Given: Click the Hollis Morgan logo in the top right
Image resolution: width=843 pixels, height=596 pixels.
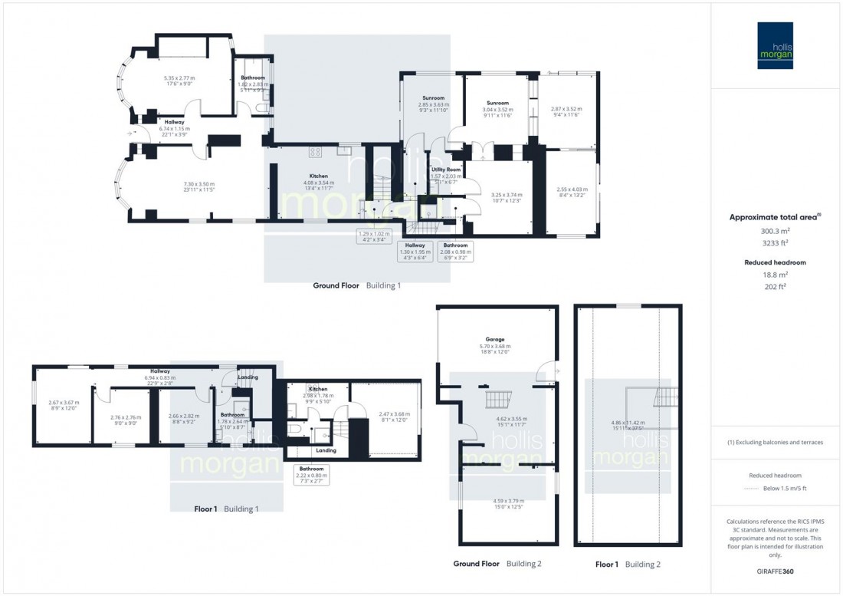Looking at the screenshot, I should pos(775,45).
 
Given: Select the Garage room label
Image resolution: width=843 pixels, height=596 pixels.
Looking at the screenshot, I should pos(494,339).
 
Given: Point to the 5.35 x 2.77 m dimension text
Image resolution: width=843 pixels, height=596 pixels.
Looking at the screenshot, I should pos(179,77).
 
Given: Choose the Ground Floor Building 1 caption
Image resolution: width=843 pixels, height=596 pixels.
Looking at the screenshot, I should pos(356,285).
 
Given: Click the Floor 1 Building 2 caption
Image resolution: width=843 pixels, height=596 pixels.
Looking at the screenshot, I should pos(628,564).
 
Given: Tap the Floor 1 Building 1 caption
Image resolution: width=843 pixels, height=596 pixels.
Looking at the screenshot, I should pos(226,509).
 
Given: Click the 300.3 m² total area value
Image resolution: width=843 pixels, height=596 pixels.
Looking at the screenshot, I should pos(775,231).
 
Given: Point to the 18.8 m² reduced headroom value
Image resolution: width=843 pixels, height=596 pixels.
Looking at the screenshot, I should pos(775,275).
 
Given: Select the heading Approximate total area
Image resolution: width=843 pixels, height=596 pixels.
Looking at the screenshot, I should pos(774,217).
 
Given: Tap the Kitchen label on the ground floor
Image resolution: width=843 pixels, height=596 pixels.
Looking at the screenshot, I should pos(319,176).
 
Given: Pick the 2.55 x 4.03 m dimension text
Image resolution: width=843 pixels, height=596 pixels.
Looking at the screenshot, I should pos(572,189).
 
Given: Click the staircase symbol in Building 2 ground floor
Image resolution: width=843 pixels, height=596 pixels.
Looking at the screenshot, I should pos(494,400).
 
